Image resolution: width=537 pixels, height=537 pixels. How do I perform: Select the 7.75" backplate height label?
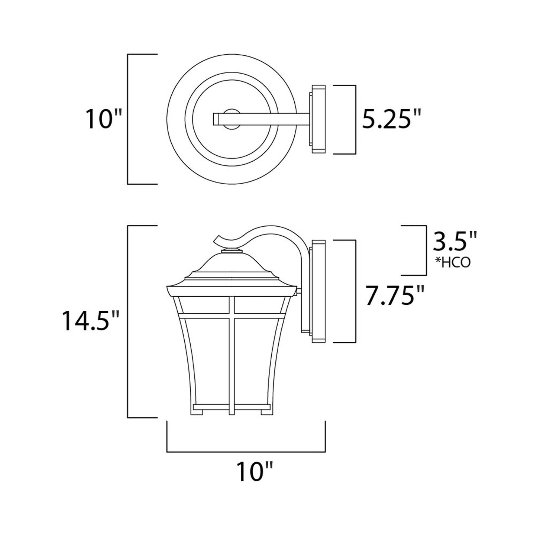395,295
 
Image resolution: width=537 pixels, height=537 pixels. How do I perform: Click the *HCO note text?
453,262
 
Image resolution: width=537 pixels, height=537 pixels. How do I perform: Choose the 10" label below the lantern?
254,471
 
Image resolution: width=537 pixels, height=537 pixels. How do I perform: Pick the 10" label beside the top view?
103,119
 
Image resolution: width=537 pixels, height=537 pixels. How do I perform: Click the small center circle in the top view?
231,119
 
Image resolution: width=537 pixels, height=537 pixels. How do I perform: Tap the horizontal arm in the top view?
261,119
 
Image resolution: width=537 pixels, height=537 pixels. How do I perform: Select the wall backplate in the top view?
317,119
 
